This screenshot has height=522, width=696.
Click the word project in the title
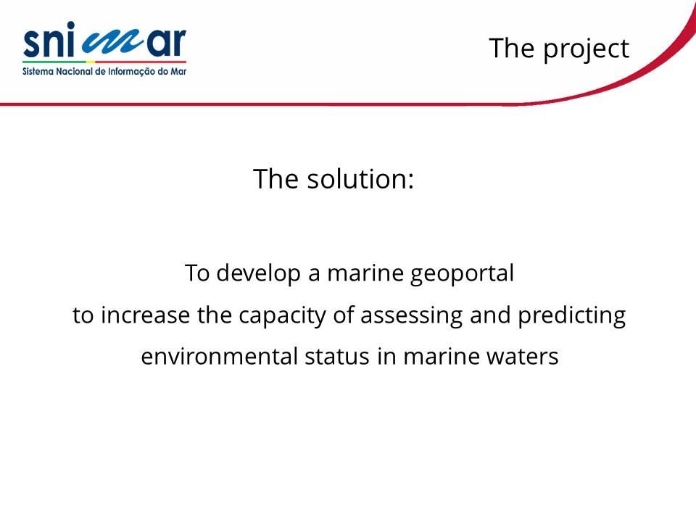pyautogui.click(x=586, y=49)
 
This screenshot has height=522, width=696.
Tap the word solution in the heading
pyautogui.click(x=360, y=179)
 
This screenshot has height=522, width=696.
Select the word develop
pyautogui.click(x=258, y=274)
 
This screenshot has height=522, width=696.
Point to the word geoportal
pyautogui.click(x=462, y=274)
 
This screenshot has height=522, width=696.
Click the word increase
pyautogui.click(x=145, y=315)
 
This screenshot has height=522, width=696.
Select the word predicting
pyautogui.click(x=572, y=317)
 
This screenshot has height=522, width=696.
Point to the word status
pyautogui.click(x=337, y=357)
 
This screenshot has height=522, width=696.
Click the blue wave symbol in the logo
pyautogui.click(x=115, y=43)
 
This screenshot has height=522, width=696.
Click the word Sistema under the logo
pyautogui.click(x=38, y=72)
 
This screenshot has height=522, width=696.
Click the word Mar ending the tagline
pyautogui.click(x=178, y=72)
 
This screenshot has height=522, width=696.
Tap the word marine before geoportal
pyautogui.click(x=365, y=274)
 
